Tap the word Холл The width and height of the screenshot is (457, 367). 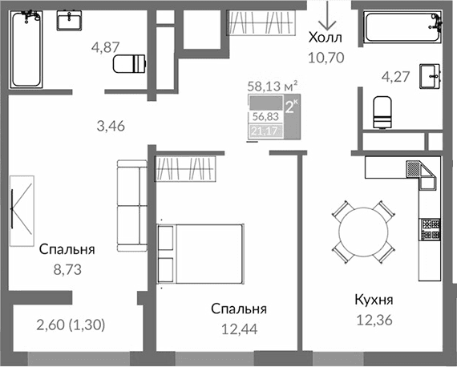[325, 38]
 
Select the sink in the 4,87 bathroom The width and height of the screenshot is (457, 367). [73, 20]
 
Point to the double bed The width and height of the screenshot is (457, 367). [201, 252]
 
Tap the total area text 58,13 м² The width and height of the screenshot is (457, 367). [273, 83]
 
